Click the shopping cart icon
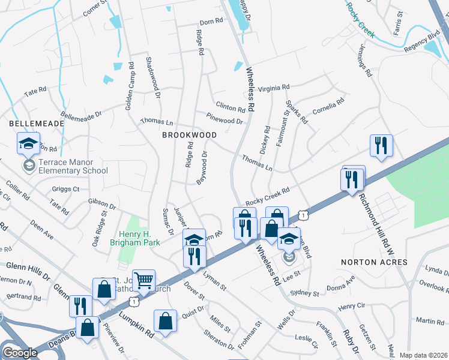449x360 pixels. [x=143, y=280]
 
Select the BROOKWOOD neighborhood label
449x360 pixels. [x=189, y=135]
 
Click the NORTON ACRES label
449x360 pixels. [x=374, y=262]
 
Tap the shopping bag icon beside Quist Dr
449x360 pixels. [x=165, y=320]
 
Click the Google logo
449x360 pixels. [x=20, y=352]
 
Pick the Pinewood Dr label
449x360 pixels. [x=224, y=121]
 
